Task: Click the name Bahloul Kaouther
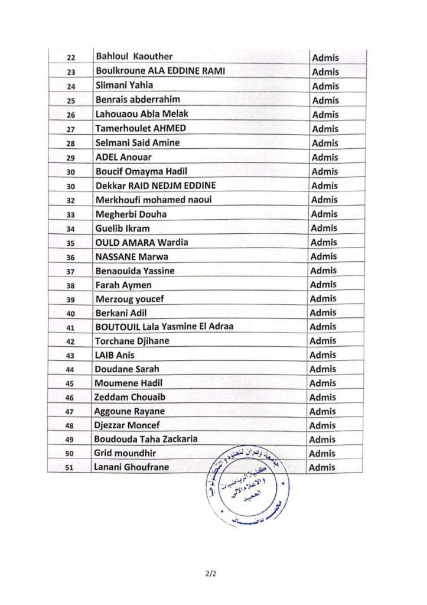tap(134, 57)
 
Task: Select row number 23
tap(73, 72)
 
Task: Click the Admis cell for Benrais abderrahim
tap(325, 100)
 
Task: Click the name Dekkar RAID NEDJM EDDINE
tap(156, 186)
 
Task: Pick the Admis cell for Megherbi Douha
tap(324, 214)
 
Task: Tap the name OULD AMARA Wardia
tap(142, 242)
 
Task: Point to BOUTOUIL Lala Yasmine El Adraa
tap(164, 327)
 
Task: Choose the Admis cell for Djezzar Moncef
tap(322, 425)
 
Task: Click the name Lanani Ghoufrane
tap(131, 467)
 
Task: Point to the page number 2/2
tap(213, 572)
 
